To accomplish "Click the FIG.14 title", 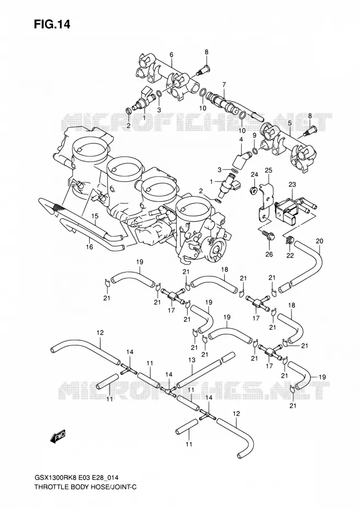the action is (x=52, y=25).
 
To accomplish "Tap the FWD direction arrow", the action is (x=58, y=436).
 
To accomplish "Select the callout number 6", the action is (x=171, y=54).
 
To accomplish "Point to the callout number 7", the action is (x=224, y=85).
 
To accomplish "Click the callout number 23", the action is (x=292, y=184).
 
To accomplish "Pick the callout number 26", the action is (x=269, y=254).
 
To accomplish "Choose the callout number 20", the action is (x=320, y=241).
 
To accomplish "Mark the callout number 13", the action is (x=191, y=360).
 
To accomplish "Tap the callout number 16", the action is (x=89, y=247).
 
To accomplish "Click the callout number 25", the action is (x=269, y=170).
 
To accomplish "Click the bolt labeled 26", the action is (x=269, y=235).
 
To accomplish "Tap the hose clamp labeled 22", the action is (x=288, y=241).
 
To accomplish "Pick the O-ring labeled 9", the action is (x=255, y=151).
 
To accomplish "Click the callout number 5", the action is (x=290, y=123).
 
